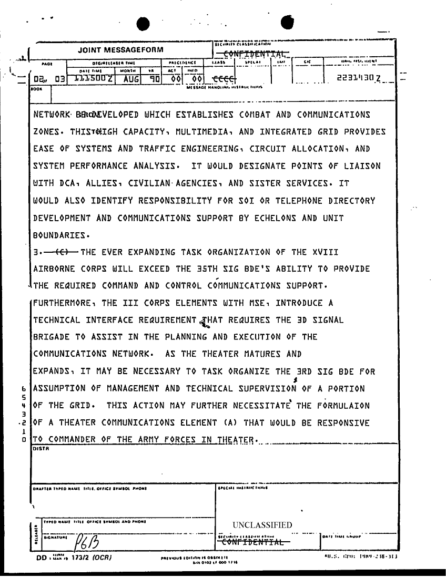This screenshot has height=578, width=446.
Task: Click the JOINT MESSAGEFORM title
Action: [x=120, y=50]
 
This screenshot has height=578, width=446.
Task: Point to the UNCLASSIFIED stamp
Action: [x=262, y=525]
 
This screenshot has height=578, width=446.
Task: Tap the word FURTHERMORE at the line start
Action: [x=63, y=303]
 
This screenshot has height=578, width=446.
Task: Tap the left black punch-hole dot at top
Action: [x=143, y=24]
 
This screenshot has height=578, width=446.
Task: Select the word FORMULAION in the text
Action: [x=351, y=406]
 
